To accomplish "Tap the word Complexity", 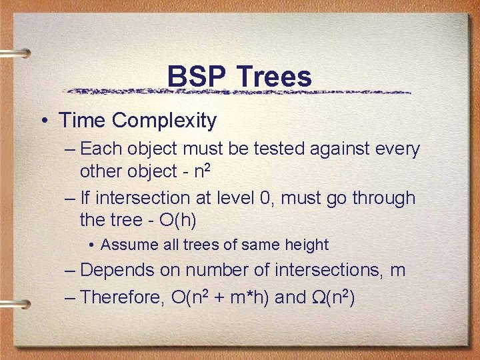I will coord(165,121).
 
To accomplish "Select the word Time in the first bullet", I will coord(82,121).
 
